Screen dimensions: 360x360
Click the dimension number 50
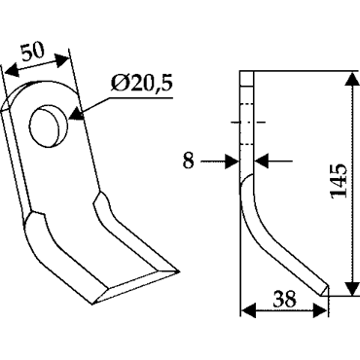[33, 52]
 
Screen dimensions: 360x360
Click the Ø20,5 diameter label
[141, 84]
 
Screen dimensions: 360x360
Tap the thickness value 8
[188, 161]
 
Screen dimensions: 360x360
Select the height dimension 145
[339, 181]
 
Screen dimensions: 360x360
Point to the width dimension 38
[284, 299]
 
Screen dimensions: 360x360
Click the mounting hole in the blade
[49, 126]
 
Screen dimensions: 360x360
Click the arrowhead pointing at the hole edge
[76, 114]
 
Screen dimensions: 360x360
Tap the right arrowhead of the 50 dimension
[61, 59]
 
